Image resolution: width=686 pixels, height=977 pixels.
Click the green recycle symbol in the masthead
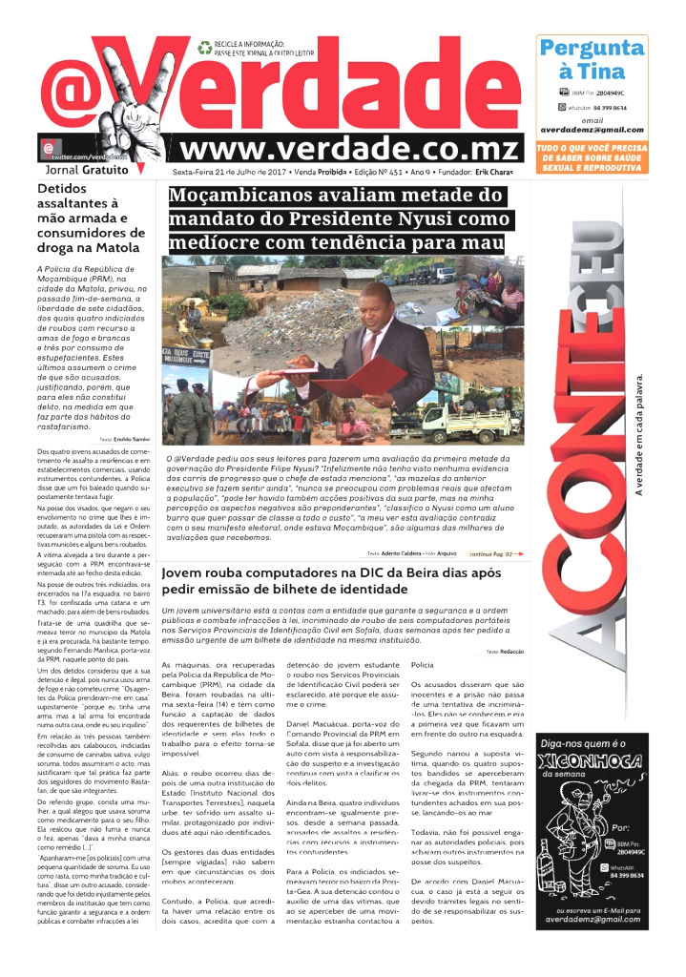(x=204, y=45)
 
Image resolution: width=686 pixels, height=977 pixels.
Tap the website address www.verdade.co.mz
(x=349, y=149)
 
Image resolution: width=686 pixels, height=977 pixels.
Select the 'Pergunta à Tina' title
(x=592, y=59)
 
